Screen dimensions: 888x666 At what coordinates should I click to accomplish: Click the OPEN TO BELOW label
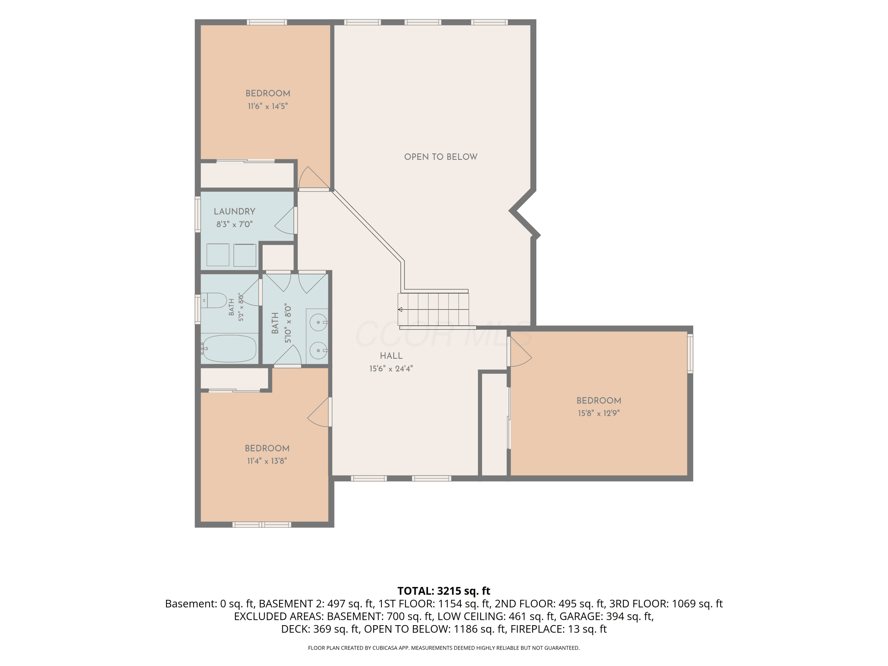[x=440, y=157]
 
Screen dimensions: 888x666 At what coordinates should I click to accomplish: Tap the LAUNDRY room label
[x=234, y=212]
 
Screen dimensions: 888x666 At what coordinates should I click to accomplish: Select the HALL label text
[x=391, y=356]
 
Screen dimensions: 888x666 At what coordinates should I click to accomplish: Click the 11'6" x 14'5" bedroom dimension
[x=268, y=106]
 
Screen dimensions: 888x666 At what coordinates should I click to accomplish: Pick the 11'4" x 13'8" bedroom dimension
[x=267, y=461]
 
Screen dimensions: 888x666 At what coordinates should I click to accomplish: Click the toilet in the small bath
[x=214, y=300]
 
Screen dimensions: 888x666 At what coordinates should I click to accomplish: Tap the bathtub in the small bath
[x=229, y=348]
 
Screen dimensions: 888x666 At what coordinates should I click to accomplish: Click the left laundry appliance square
[x=218, y=255]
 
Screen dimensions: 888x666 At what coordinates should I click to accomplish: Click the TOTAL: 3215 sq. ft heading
[x=444, y=591]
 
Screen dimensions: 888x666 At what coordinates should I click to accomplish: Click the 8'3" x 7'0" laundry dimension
[x=234, y=224]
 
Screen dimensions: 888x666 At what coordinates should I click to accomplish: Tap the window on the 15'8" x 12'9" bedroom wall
[x=690, y=354]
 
